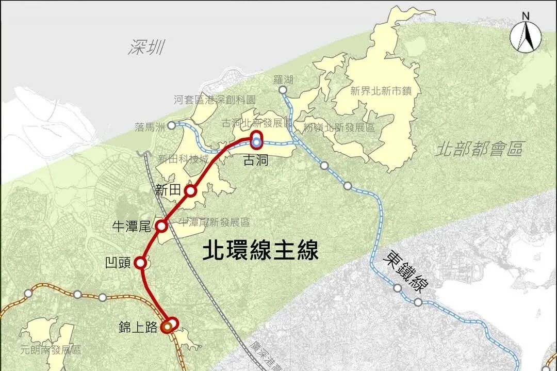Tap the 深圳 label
click(x=146, y=47)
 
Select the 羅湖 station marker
click(x=283, y=90)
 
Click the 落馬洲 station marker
click(x=172, y=124)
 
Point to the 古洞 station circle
click(x=256, y=140)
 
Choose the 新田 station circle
click(x=191, y=191)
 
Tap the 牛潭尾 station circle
click(x=161, y=226)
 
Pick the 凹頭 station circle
click(x=140, y=263)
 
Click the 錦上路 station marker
click(x=168, y=326)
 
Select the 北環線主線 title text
click(x=260, y=251)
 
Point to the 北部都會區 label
click(x=479, y=149)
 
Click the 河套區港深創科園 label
click(x=215, y=100)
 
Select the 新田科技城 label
click(x=183, y=158)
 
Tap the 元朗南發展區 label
click(x=50, y=350)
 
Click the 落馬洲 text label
click(x=150, y=126)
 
